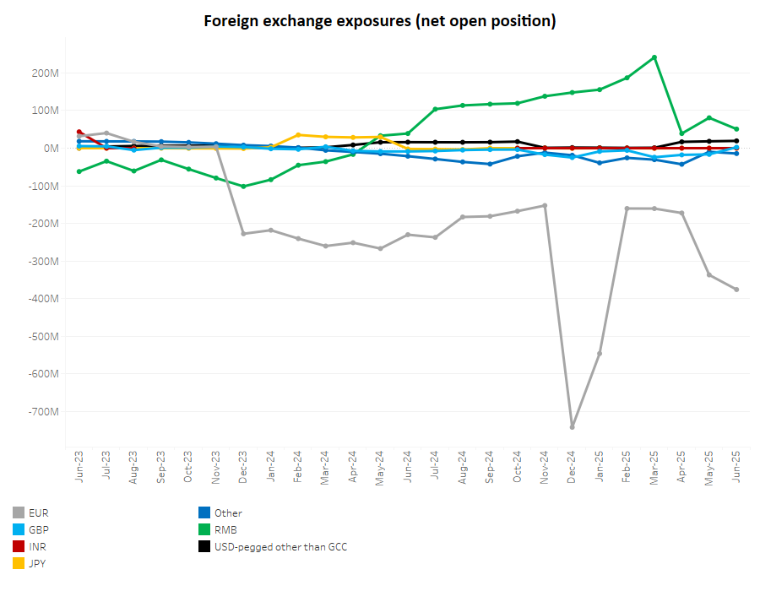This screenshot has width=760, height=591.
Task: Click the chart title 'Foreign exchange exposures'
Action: coord(379,21)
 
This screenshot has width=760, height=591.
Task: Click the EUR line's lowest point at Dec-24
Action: coord(573,427)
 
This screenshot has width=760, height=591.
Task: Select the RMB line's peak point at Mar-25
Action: coord(654,57)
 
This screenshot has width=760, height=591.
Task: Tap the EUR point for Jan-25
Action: coord(600,353)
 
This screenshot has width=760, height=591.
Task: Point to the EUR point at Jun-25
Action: coord(736,290)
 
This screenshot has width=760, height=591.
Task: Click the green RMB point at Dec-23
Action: coord(243,187)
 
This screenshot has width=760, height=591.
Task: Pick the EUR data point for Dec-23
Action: coord(243,234)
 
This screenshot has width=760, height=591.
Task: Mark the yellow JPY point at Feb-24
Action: coord(298,134)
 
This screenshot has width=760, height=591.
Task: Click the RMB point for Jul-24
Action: coord(435,109)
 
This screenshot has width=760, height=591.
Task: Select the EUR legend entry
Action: coord(38,512)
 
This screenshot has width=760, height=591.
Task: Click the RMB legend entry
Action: coord(225,529)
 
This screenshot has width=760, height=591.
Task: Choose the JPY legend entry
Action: coord(37,563)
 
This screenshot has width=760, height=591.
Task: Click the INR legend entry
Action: coord(37,546)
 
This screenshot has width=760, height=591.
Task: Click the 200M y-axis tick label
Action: coord(44,73)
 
